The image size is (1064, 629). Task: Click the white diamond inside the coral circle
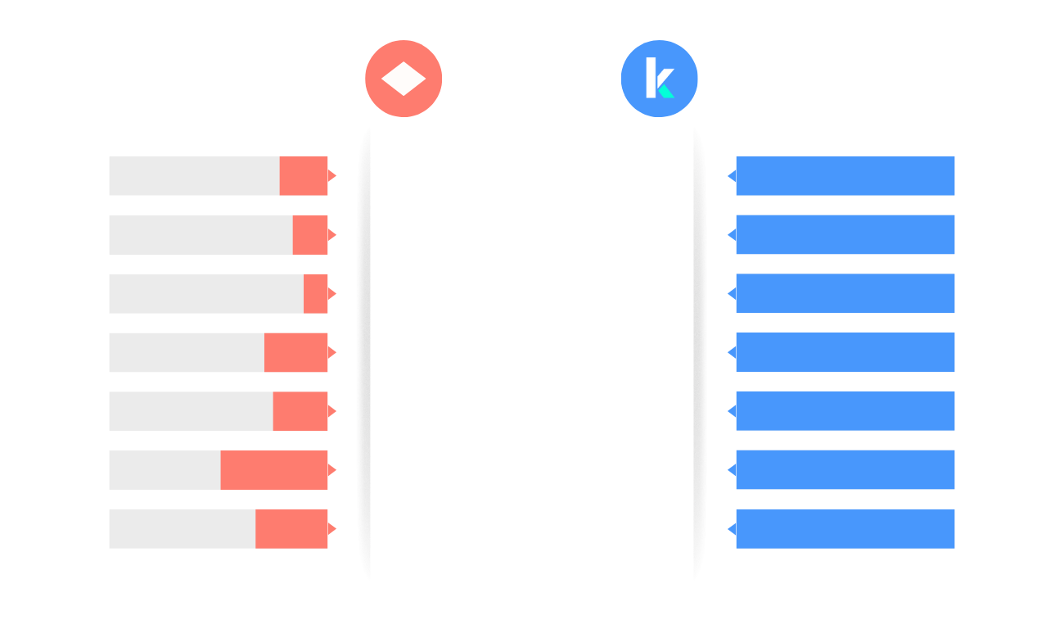point(404,79)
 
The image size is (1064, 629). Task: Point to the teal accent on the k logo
point(666,92)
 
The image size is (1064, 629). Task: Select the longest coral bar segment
point(274,470)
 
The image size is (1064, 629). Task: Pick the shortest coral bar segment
point(315,293)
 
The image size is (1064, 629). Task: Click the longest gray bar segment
point(206,293)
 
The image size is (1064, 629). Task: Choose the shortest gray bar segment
point(165,470)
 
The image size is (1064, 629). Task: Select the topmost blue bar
point(845,176)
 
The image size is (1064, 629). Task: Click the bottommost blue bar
point(845,529)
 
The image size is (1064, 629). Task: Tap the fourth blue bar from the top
point(845,352)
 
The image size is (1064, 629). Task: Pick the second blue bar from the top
point(845,234)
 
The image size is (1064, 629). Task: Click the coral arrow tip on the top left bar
point(332,176)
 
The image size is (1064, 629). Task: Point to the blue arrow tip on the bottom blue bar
point(732,529)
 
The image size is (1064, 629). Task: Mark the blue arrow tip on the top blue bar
point(732,176)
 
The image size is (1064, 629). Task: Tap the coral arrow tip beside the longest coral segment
point(332,470)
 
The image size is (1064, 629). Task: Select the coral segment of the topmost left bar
point(304,176)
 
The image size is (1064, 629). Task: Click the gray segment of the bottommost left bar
point(183,529)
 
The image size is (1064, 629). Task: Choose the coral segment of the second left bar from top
point(310,235)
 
